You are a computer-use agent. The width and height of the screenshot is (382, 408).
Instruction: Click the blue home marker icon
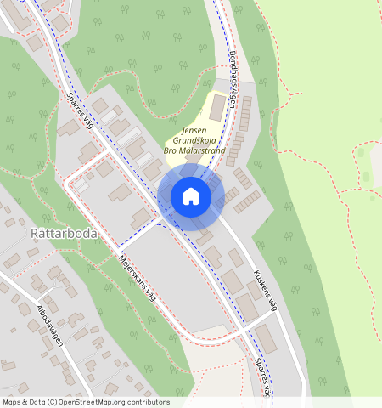click(191, 196)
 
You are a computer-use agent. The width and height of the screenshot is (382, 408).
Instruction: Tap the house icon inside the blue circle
click(191, 196)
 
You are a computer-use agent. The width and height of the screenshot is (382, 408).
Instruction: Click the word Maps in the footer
click(13, 402)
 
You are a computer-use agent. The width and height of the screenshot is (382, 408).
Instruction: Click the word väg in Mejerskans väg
click(150, 292)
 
